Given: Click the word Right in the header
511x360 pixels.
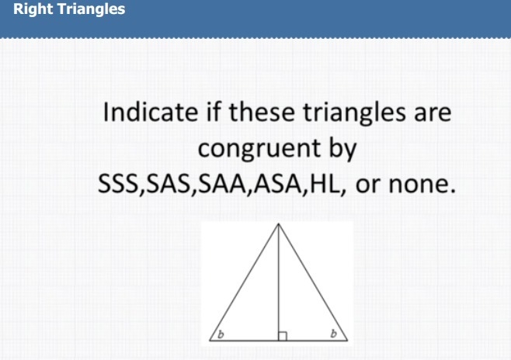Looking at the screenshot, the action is point(33,9).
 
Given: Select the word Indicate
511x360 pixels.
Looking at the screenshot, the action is point(150,112).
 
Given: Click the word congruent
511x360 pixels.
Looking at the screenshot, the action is point(259,149).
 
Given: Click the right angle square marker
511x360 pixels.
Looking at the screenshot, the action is point(283,336).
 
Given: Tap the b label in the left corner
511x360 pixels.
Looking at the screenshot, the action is point(221,334).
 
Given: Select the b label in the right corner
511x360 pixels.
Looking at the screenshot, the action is point(333,334).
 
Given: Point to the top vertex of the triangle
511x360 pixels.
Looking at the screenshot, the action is point(278,223).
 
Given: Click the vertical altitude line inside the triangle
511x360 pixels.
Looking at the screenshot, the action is point(278,282).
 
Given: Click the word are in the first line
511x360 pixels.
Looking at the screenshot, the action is point(433,114).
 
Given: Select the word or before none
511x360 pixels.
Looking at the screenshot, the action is point(368,185).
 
